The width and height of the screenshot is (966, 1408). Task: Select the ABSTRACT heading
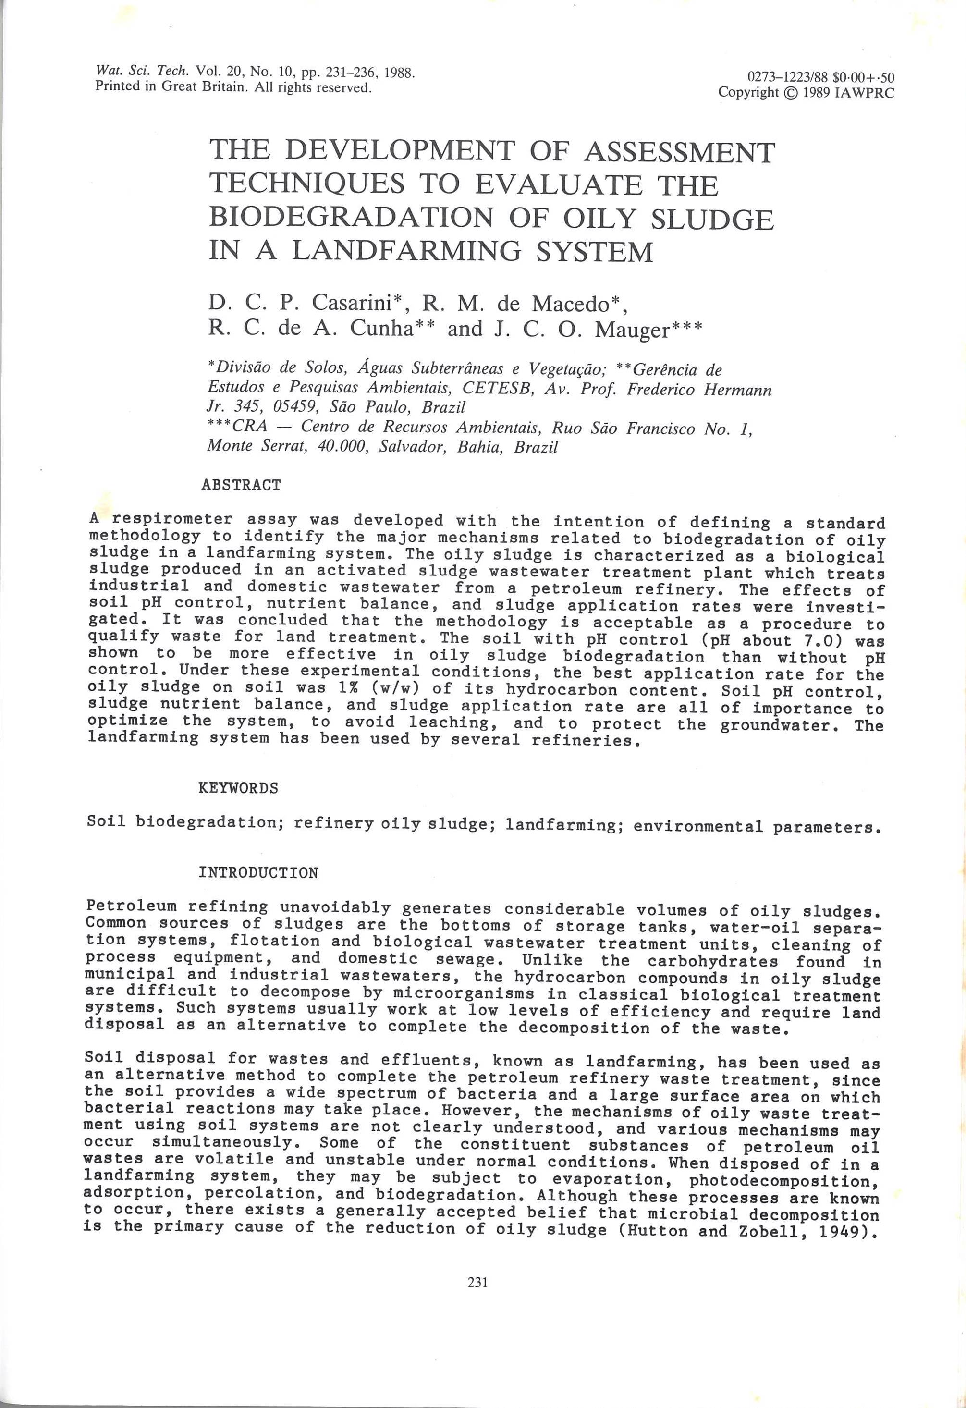coord(241,485)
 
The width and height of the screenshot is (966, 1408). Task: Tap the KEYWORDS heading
coord(239,788)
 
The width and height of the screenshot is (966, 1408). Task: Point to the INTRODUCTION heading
coord(258,873)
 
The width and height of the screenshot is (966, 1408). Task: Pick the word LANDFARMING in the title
coord(406,251)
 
